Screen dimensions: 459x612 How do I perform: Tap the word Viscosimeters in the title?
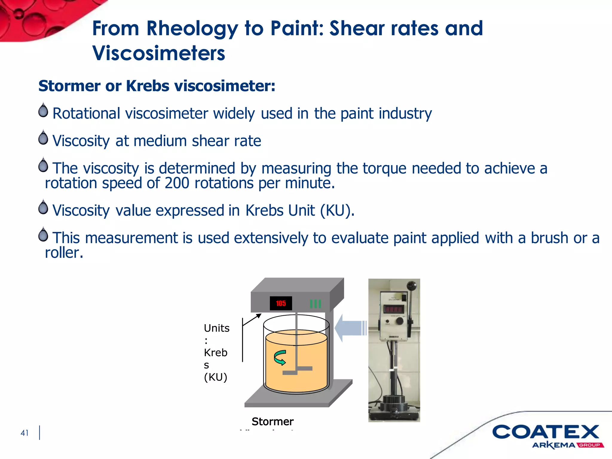pyautogui.click(x=159, y=53)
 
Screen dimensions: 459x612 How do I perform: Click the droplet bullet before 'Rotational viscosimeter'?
pyautogui.click(x=43, y=110)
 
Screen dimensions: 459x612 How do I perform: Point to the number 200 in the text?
pyautogui.click(x=177, y=183)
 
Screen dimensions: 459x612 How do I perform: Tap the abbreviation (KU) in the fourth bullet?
pyautogui.click(x=337, y=211)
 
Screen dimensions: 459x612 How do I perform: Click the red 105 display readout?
pyautogui.click(x=281, y=303)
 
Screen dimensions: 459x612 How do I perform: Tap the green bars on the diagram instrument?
pyautogui.click(x=315, y=304)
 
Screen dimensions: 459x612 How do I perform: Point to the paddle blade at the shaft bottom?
pyautogui.click(x=297, y=370)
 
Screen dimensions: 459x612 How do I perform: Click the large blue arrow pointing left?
pyautogui.click(x=350, y=328)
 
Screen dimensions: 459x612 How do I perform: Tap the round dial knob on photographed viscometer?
pyautogui.click(x=400, y=321)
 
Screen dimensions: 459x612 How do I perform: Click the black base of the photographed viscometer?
pyautogui.click(x=394, y=411)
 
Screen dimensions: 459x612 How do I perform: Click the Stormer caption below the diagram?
pyautogui.click(x=273, y=421)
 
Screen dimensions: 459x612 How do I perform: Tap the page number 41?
pyautogui.click(x=25, y=433)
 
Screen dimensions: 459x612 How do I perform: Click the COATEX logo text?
pyautogui.click(x=545, y=432)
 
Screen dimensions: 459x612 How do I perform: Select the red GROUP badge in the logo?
pyautogui.click(x=590, y=445)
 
